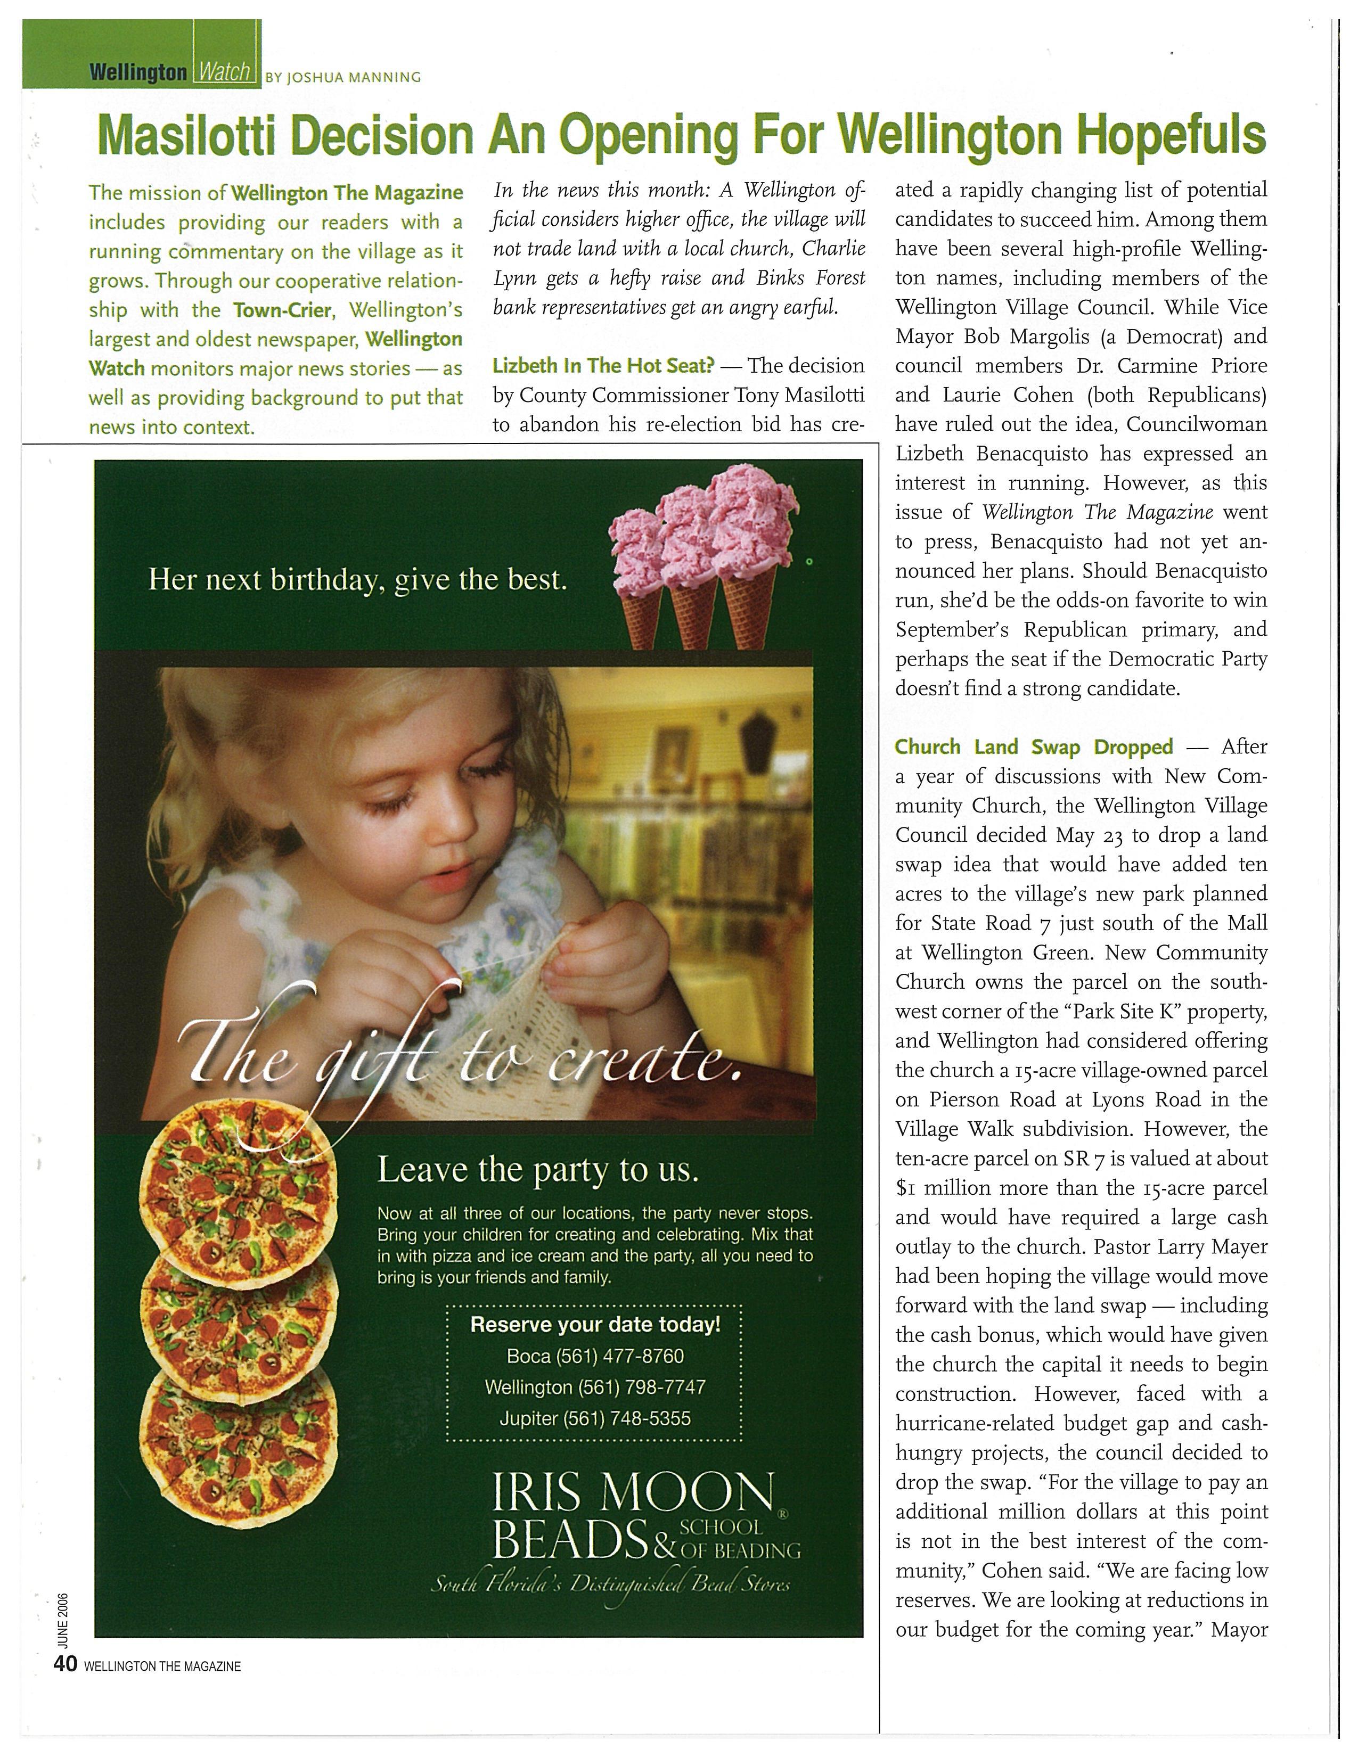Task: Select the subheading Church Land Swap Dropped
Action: [x=1034, y=746]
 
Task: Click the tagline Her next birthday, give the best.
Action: [x=358, y=580]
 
